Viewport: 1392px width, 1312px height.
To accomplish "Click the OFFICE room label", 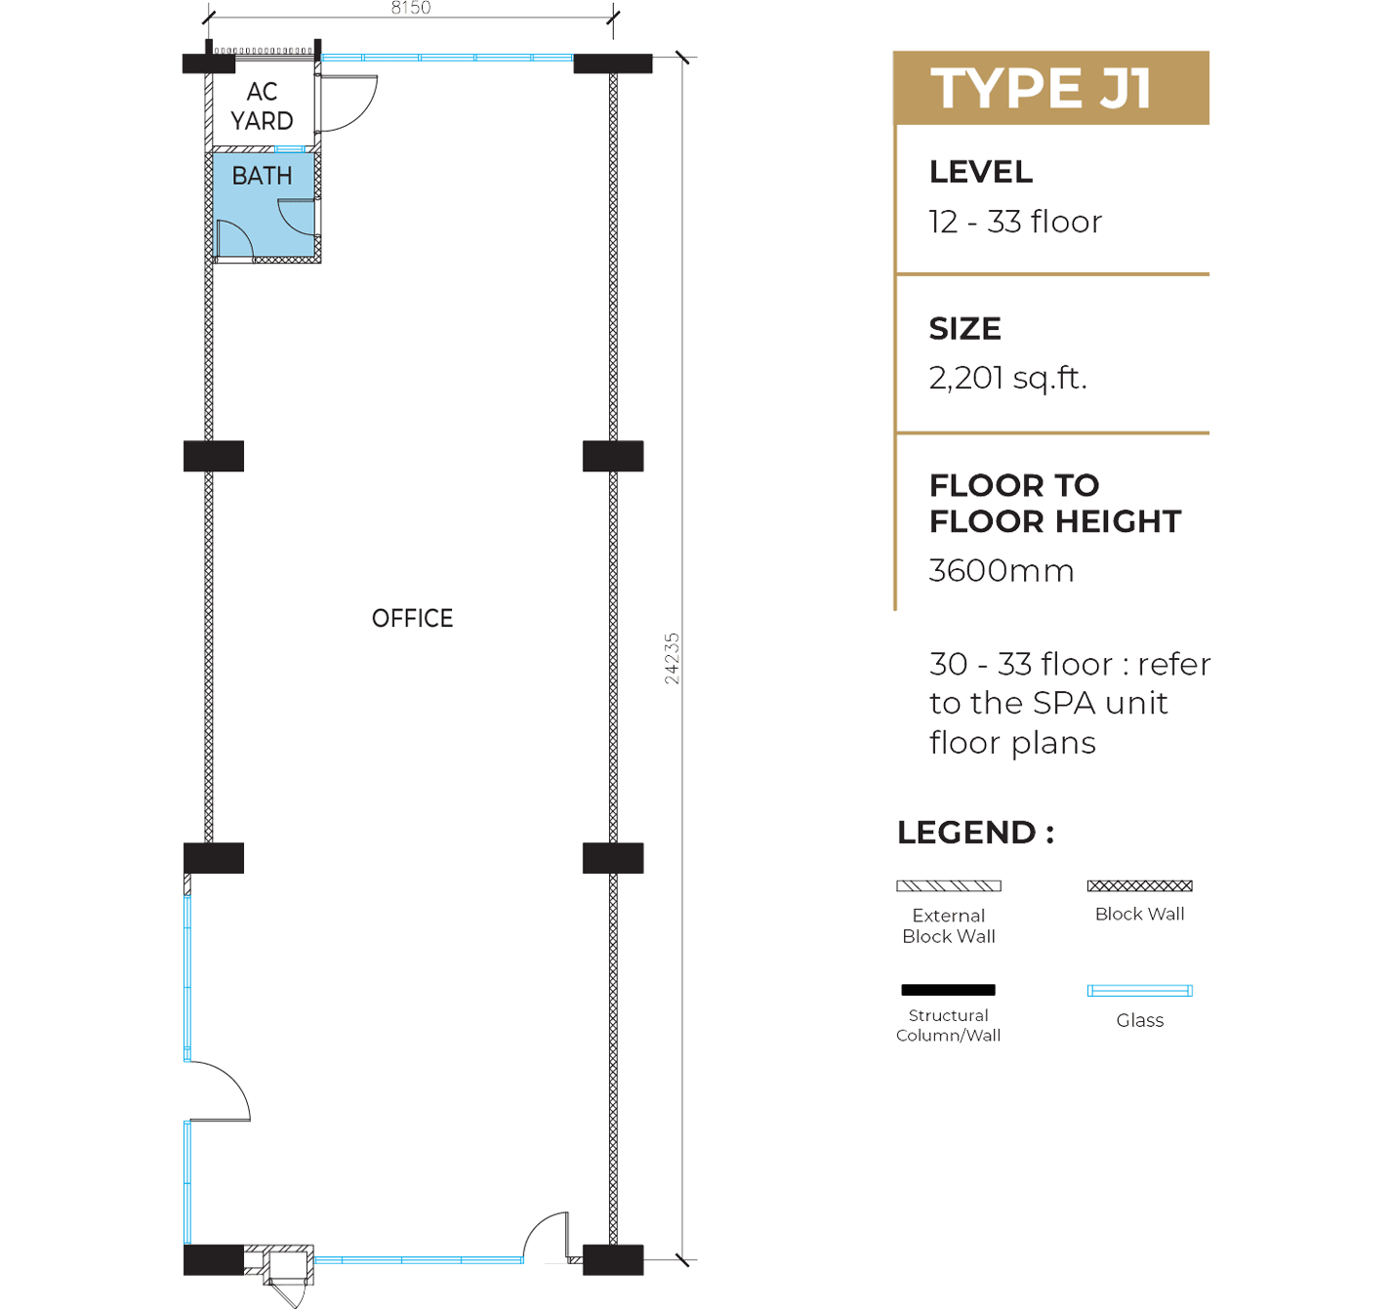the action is click(x=412, y=618).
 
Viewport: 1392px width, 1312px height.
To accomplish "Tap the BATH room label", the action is click(x=263, y=176).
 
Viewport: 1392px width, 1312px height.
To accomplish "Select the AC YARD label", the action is click(x=263, y=105).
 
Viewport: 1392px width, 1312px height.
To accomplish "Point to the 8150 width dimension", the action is click(x=411, y=8).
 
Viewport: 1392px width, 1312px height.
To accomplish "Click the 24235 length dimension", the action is click(x=672, y=659).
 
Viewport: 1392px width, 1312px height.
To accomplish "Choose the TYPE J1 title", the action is click(x=1041, y=89).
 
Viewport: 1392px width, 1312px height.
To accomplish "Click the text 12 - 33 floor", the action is click(x=1015, y=222).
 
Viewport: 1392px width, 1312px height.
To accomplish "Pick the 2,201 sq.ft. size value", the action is click(x=1008, y=379).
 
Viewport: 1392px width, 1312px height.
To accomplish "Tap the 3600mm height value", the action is click(x=1002, y=571).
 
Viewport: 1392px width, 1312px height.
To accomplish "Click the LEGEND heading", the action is click(x=975, y=833).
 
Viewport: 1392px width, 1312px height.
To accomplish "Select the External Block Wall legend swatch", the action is click(x=948, y=885).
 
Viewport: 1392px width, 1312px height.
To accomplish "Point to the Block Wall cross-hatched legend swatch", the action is click(x=1140, y=885).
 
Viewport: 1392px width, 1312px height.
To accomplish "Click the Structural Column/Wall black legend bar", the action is click(x=948, y=990).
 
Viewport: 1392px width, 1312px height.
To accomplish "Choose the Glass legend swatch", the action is click(x=1140, y=991).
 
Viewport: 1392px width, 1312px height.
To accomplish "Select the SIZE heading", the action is click(x=965, y=329).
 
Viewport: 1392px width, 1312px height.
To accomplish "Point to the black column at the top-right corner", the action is click(x=613, y=63).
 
